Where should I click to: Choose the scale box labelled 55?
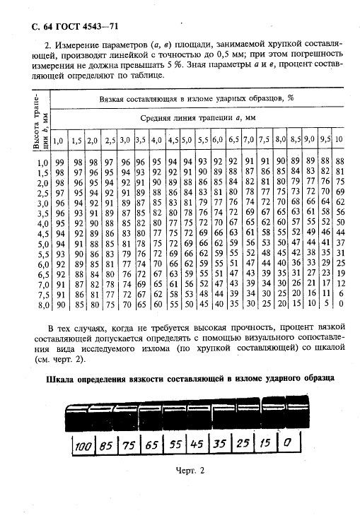point(175,446)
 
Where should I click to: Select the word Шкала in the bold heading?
point(62,379)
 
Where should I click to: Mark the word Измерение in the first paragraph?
point(73,44)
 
